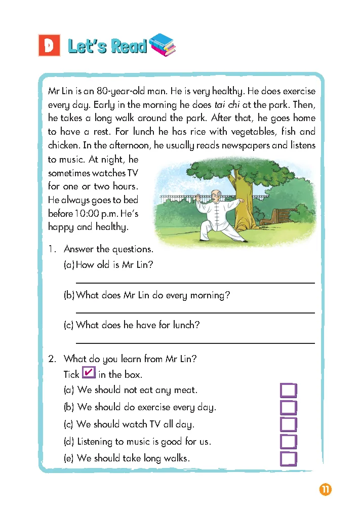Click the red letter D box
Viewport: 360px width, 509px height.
pyautogui.click(x=49, y=46)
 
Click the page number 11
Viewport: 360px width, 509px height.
pyautogui.click(x=325, y=490)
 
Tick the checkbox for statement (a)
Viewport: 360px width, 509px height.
pyautogui.click(x=288, y=390)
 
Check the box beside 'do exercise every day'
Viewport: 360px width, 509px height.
pyautogui.click(x=288, y=408)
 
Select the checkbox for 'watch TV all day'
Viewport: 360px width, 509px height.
pyautogui.click(x=288, y=424)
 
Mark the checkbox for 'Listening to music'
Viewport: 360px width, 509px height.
pyautogui.click(x=288, y=442)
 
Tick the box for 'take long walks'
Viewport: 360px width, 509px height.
pyautogui.click(x=288, y=459)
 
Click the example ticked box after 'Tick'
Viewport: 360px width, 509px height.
pyautogui.click(x=88, y=373)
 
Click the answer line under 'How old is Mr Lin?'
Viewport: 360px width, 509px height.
pyautogui.click(x=195, y=282)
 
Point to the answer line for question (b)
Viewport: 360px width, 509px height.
pyautogui.click(x=195, y=312)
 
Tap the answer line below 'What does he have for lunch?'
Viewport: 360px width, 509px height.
pyautogui.click(x=195, y=343)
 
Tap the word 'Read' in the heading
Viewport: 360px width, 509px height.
pyautogui.click(x=128, y=47)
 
